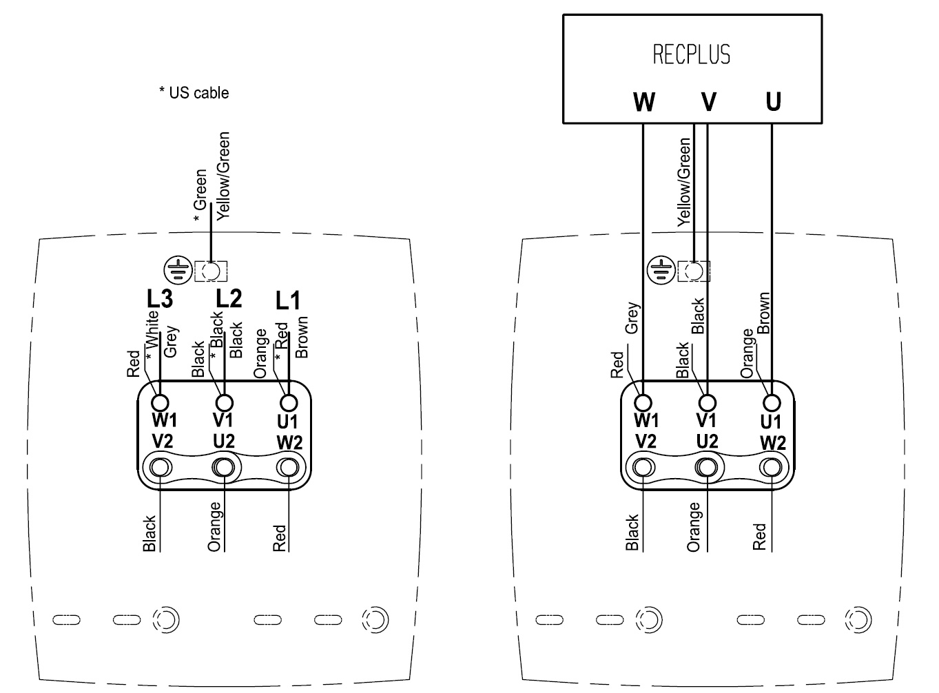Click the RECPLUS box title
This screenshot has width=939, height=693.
click(692, 54)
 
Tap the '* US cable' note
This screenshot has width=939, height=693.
click(194, 92)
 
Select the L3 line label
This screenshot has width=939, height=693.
click(159, 299)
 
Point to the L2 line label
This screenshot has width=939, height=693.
click(229, 299)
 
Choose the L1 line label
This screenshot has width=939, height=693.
click(288, 300)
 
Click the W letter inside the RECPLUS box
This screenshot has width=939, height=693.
click(643, 102)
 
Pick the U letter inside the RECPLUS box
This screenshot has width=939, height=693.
click(773, 102)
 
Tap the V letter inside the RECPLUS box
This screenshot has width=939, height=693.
click(708, 102)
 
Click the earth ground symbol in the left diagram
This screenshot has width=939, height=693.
click(178, 271)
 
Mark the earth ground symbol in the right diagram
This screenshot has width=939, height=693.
click(661, 271)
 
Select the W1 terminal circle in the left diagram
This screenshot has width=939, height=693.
click(161, 402)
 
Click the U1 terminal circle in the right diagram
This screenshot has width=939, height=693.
click(772, 402)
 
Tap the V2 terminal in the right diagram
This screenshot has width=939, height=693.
click(645, 467)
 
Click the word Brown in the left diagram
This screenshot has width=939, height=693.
click(302, 337)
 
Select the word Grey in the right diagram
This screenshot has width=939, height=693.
click(632, 319)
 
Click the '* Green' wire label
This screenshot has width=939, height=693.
click(200, 196)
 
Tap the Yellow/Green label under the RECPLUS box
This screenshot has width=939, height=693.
click(683, 182)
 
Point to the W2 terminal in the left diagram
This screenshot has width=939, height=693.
click(289, 467)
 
